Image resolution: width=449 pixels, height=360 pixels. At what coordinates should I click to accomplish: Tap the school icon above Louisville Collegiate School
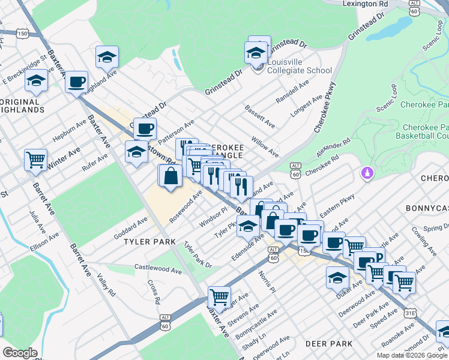[256, 53]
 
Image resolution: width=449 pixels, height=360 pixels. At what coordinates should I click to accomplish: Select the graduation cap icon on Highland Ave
[107, 57]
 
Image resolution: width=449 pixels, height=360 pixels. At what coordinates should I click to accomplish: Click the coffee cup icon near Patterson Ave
[145, 128]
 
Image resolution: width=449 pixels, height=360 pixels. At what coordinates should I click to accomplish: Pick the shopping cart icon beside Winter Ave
[36, 160]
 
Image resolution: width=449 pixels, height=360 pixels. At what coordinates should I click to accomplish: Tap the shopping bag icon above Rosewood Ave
[170, 175]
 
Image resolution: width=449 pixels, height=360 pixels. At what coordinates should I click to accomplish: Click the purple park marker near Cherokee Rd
[366, 174]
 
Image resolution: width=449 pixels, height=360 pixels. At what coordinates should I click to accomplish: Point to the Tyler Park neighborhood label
[149, 242]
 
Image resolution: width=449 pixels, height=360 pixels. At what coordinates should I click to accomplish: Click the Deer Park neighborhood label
[328, 344]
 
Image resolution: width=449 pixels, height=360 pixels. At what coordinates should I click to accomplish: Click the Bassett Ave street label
[260, 116]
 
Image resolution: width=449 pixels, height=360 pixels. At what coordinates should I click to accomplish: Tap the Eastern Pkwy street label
[338, 204]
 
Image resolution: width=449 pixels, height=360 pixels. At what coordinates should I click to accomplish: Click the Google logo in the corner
[20, 353]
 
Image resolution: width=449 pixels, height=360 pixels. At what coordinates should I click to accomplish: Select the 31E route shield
[409, 313]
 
